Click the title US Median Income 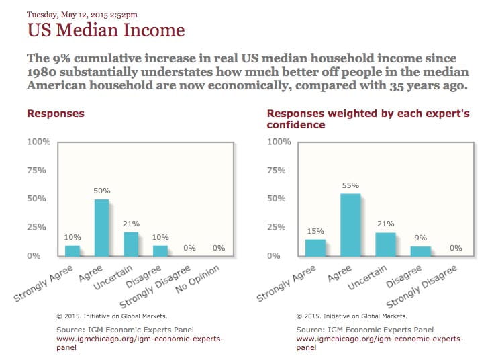tap(105, 30)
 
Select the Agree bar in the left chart tap(101, 228)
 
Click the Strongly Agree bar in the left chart tap(72, 250)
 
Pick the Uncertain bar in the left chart tap(130, 244)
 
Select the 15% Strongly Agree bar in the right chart tap(315, 247)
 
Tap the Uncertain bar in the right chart tap(385, 244)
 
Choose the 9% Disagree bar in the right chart tap(420, 251)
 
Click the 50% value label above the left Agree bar tap(101, 191)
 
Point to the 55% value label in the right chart tap(350, 185)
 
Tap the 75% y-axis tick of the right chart tap(278, 171)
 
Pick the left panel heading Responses tap(55, 113)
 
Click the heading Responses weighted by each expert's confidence tap(368, 119)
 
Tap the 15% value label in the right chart tap(315, 231)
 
